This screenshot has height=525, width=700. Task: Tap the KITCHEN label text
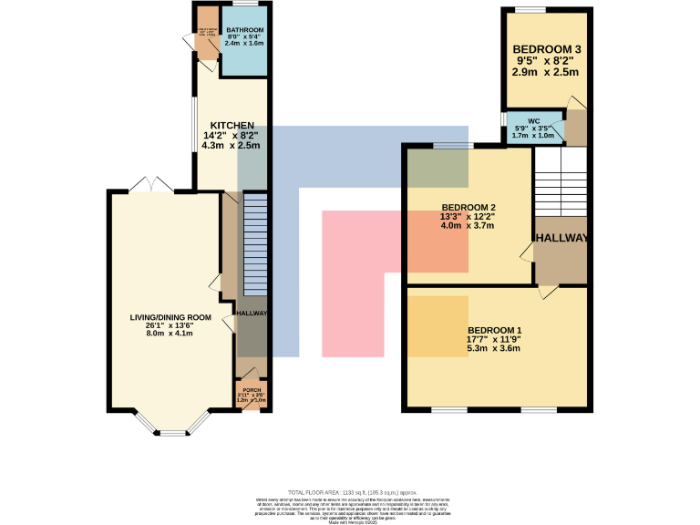click(x=232, y=126)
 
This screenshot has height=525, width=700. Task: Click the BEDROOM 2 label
click(x=468, y=207)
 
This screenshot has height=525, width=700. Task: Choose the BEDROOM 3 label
click(x=545, y=49)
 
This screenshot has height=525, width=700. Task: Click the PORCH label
click(x=251, y=390)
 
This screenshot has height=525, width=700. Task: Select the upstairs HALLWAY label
click(x=561, y=238)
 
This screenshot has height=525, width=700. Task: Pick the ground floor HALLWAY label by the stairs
click(x=252, y=314)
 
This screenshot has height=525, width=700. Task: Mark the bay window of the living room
click(x=170, y=427)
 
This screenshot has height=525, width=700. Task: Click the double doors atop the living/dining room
click(x=150, y=185)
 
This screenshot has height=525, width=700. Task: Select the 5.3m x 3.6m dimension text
click(x=495, y=348)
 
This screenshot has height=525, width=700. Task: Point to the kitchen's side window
click(x=192, y=128)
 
